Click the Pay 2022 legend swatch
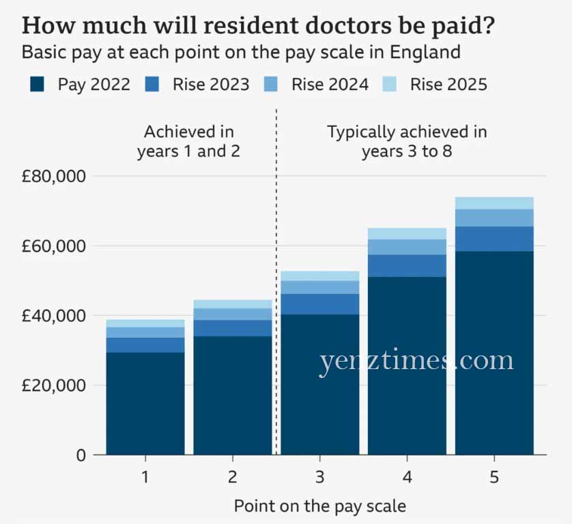coord(38,85)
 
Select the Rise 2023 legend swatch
coord(153,85)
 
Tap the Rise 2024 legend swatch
coord(271,85)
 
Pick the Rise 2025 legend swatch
coord(390,85)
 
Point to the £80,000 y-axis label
coord(53,176)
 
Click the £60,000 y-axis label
coord(53,246)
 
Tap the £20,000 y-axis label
coord(53,385)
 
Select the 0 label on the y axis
coord(81,455)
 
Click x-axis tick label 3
coord(320,477)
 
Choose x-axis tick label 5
coord(494,477)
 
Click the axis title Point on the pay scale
coord(319,506)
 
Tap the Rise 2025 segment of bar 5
coord(494,203)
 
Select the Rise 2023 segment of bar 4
coord(407,265)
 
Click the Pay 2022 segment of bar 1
coord(145,403)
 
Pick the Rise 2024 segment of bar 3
coord(320,287)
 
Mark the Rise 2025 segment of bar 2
coord(233,304)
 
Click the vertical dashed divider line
coord(276,273)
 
